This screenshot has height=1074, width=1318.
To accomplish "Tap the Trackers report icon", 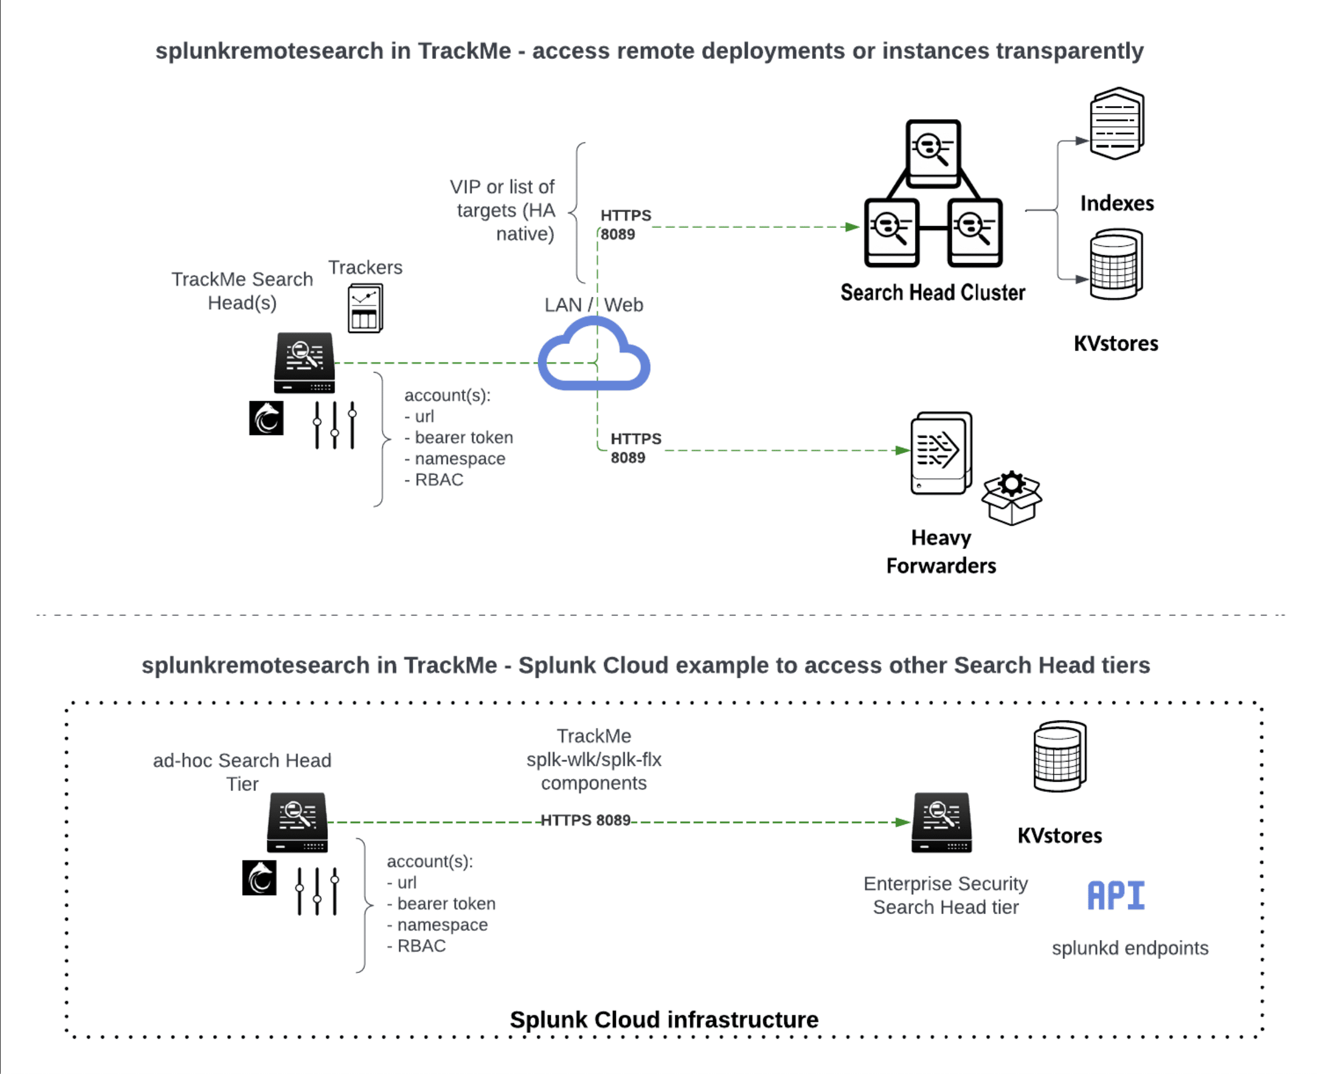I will click(x=365, y=308).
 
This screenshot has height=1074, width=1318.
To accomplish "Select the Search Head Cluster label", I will click(x=932, y=292).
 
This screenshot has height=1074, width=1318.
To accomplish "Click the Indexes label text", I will click(x=1116, y=204).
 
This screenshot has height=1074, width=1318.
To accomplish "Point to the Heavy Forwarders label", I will click(x=941, y=551).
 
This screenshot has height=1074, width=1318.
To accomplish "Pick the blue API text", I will click(x=1116, y=895).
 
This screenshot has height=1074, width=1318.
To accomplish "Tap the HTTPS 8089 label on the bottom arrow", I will click(x=585, y=820).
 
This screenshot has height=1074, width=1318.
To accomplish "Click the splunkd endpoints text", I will click(x=1129, y=948).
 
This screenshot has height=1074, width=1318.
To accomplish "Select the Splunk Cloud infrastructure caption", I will click(x=663, y=1020).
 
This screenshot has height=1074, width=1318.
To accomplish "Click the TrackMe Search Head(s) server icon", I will click(x=304, y=362).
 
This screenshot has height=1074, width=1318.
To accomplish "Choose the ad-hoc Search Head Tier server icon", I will click(x=297, y=822).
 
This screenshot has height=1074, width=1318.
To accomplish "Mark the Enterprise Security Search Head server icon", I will click(x=941, y=822).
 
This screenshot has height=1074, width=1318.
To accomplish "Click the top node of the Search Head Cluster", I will click(x=932, y=153).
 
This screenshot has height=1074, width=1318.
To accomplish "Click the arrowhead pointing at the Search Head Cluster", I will click(x=852, y=227).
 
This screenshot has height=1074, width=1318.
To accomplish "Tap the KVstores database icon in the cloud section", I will click(x=1059, y=756).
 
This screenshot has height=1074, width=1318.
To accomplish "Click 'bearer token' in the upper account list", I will click(x=464, y=437).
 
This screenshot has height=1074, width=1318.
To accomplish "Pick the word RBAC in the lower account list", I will click(x=422, y=946).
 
